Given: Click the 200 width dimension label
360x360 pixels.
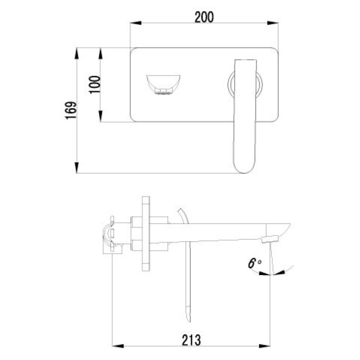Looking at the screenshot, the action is [x=204, y=17].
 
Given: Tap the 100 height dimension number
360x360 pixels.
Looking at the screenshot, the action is [x=95, y=85].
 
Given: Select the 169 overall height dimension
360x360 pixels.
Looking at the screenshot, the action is [x=71, y=110].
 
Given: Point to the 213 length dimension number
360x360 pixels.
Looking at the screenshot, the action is [x=191, y=340].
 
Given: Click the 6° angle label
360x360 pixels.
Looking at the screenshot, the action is [x=254, y=263].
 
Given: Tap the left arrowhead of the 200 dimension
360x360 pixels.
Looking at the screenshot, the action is [x=136, y=23].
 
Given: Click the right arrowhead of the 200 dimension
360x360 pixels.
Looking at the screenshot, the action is [x=273, y=23].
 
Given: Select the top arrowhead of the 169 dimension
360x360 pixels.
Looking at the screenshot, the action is [x=77, y=53].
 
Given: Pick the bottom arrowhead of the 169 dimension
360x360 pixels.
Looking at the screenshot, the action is [x=77, y=167].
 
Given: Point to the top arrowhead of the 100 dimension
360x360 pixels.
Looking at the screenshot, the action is [x=100, y=53].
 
